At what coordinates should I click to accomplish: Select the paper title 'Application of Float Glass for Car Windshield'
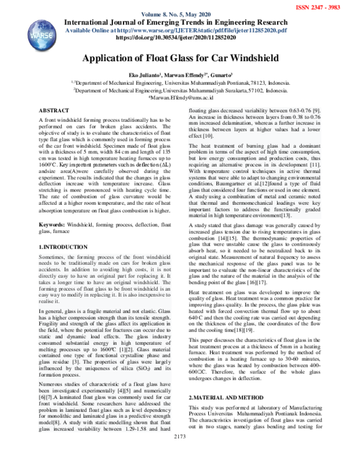point(179,58)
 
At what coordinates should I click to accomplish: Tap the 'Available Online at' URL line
point(181,28)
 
